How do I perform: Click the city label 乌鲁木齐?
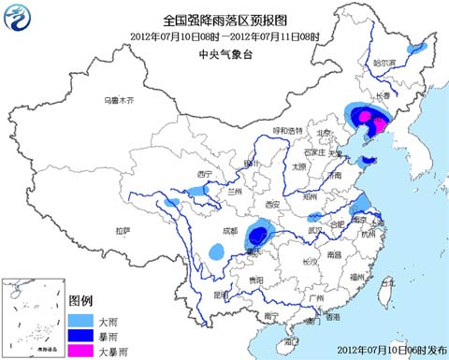[x=120, y=99]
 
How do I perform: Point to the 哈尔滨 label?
[x=384, y=63]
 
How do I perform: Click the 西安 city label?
[x=272, y=204]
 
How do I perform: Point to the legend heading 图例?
[x=80, y=300]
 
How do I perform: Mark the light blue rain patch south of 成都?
[x=217, y=252]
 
